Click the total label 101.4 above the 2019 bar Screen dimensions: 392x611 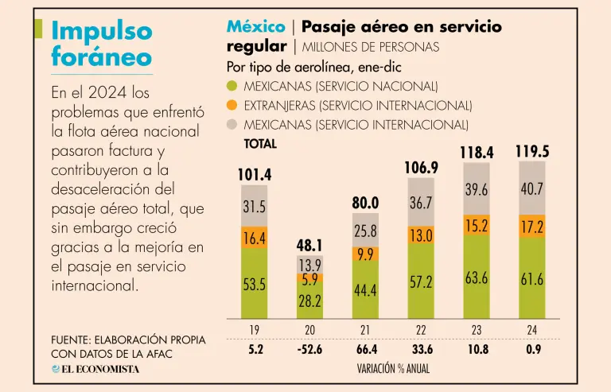coord(255,175)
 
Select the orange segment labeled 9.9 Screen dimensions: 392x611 coord(365,254)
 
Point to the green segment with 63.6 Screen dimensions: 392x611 coord(477,278)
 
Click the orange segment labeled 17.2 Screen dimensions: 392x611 coord(532,226)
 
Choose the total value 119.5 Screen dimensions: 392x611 coord(532,151)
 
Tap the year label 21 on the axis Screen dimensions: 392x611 coord(365,328)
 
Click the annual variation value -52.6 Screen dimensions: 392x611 coord(310,348)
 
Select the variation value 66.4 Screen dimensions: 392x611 coord(365,348)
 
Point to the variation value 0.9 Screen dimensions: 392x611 coord(532,348)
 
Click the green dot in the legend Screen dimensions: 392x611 coord(232,86)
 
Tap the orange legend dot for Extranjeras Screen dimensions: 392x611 coord(232,105)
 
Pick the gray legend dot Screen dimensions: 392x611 coord(232,124)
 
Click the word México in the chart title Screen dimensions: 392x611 coord(255,27)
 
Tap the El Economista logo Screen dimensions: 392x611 coord(95,369)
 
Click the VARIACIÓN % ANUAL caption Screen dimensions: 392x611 coord(394,369)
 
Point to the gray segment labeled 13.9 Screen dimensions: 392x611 coord(310,265)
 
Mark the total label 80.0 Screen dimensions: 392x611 coord(365,203)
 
